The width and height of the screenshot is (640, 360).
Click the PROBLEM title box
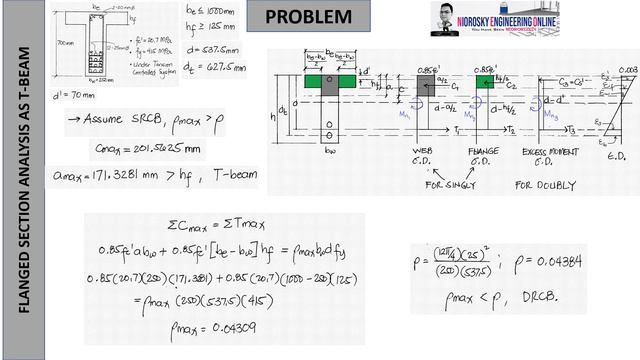coord(310,17)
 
